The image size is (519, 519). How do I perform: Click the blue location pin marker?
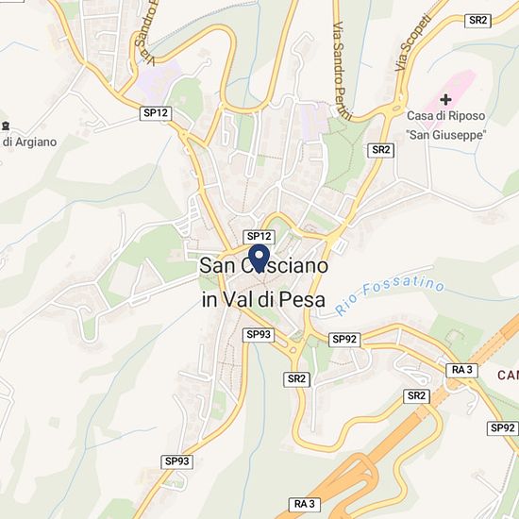click(259, 258)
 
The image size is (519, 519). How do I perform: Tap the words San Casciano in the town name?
click(264, 267)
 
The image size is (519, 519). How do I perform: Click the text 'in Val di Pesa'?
click(263, 301)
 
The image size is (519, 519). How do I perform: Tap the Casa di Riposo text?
click(445, 116)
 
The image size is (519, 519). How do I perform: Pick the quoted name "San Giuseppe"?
click(445, 135)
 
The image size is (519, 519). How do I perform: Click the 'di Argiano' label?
click(28, 142)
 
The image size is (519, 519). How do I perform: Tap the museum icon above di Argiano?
click(6, 126)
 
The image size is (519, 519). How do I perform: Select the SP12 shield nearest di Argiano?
click(156, 112)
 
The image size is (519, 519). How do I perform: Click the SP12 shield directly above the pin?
click(259, 236)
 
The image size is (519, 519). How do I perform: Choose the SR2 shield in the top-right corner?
click(478, 20)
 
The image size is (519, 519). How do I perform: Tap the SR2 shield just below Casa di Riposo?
click(381, 150)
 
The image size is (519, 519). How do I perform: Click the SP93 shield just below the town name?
click(259, 334)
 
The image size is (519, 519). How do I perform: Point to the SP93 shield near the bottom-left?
click(176, 461)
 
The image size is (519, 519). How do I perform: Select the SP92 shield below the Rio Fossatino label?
click(343, 339)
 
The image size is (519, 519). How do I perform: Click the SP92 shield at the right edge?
click(502, 427)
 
